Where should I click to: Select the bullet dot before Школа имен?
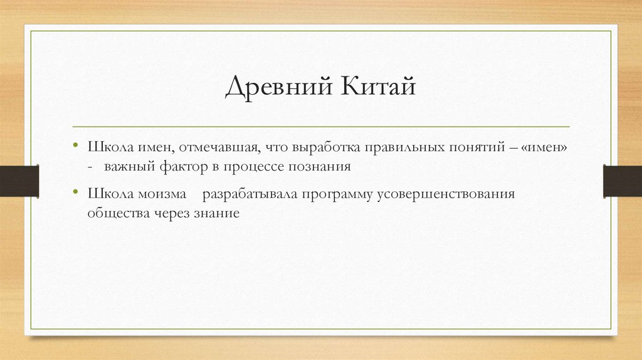point(76,146)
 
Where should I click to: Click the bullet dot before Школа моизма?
point(76,193)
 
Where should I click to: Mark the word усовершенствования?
point(446,193)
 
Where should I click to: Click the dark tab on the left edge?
point(19,180)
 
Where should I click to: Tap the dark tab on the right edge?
point(622,180)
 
